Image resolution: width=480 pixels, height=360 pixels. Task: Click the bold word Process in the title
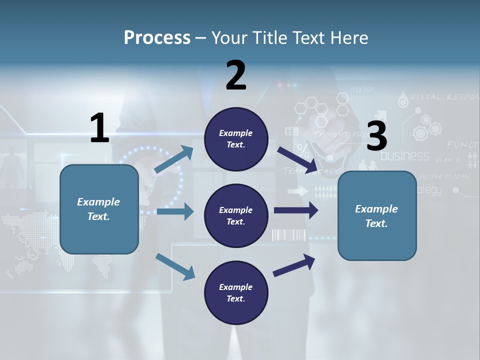(x=157, y=37)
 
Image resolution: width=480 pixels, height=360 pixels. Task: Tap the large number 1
(x=99, y=128)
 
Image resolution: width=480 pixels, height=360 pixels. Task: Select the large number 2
(x=236, y=75)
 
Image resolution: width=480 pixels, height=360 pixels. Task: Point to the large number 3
(x=376, y=136)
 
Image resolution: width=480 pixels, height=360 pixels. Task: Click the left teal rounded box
(x=99, y=209)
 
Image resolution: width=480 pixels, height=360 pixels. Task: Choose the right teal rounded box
(x=377, y=215)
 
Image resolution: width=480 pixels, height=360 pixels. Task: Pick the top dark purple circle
(x=236, y=139)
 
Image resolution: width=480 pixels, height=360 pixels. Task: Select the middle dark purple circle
(x=236, y=215)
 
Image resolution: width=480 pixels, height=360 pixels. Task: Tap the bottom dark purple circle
(x=236, y=292)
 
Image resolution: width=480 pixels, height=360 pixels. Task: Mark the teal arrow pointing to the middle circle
(x=175, y=211)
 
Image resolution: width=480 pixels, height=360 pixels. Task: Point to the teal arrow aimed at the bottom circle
(x=175, y=266)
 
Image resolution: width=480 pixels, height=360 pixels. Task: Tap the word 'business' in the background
(x=405, y=155)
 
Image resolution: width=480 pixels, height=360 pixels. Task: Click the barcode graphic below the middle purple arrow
(x=288, y=235)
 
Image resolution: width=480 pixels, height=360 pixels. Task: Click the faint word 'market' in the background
(x=362, y=89)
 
